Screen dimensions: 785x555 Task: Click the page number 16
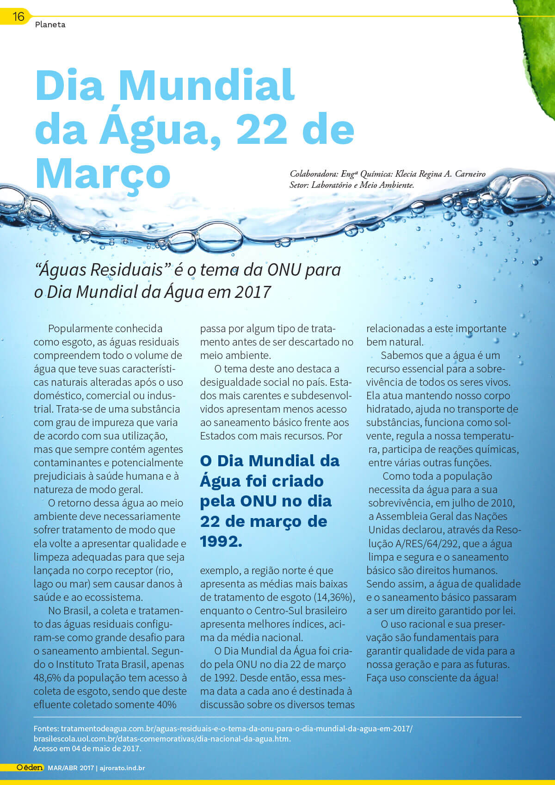coord(18,17)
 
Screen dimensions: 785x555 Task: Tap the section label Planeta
coord(50,25)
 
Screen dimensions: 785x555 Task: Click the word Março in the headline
coord(103,174)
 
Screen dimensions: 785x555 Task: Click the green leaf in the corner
coord(539,56)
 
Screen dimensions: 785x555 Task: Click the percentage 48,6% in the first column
coord(49,678)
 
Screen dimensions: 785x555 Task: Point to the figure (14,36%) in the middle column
coord(334,597)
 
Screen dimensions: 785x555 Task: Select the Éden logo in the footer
coord(30,767)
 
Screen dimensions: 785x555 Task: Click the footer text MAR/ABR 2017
coord(71,768)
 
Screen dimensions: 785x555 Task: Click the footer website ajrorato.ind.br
coord(122,768)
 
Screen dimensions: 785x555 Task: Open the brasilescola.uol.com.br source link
coord(162,738)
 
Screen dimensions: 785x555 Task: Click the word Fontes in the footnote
coord(46,729)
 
